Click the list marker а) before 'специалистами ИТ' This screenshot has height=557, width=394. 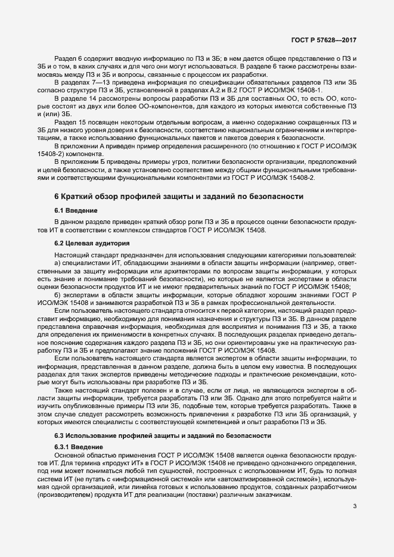58,262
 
